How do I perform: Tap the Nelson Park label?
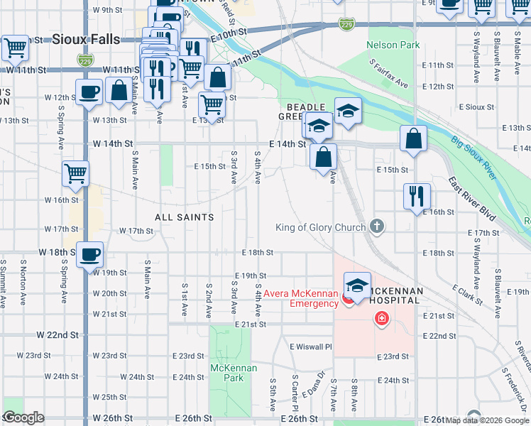393,45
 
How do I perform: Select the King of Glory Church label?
321,227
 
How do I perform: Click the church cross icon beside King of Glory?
377,226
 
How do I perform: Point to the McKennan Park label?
227,373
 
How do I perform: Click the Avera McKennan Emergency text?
301,298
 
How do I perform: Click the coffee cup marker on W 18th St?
89,254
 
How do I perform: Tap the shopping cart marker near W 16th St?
76,173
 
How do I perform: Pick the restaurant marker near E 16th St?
417,195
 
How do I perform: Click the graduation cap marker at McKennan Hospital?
357,285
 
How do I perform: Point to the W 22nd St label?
58,334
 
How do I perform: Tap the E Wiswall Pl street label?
311,346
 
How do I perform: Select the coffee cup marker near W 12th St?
89,93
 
